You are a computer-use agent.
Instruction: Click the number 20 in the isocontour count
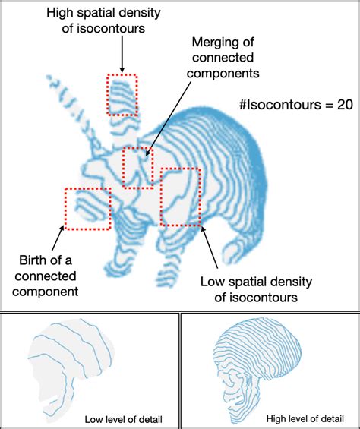tap(345, 105)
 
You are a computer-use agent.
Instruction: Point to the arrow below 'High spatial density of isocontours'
tap(122, 54)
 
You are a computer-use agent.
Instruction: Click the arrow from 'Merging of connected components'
tap(168, 118)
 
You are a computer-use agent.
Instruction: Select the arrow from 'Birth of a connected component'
tap(57, 238)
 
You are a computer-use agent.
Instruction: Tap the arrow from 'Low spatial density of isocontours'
tap(210, 247)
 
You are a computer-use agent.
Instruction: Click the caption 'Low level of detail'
tap(123, 419)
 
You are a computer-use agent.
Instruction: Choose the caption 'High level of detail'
tap(305, 418)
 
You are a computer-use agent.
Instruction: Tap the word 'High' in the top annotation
tap(58, 13)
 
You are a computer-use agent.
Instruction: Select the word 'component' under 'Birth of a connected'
tap(45, 292)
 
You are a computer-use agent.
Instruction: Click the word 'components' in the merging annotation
tap(223, 74)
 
